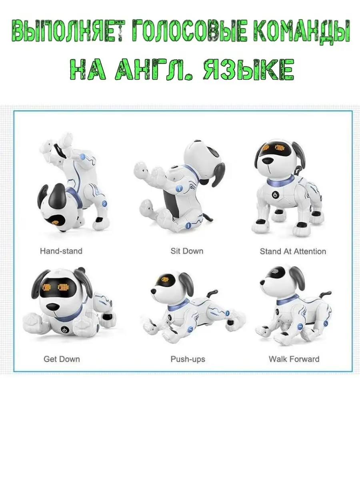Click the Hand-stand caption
point(61,251)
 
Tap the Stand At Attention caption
point(293,252)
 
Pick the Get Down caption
point(62,359)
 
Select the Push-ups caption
point(188,359)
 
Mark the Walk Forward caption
point(294,359)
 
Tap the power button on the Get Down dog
point(64,330)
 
